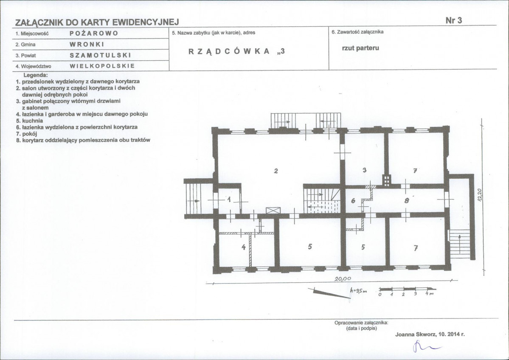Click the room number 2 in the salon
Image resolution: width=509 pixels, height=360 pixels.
coord(276,171)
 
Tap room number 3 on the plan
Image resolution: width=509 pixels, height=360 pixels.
coord(365,170)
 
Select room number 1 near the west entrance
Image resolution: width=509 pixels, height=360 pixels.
coord(229,199)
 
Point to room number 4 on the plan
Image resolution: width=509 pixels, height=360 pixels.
coord(244,247)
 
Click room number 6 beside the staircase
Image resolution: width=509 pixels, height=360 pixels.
coord(353,201)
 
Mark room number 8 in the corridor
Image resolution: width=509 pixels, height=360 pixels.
coord(406,201)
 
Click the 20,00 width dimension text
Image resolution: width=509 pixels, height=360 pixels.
coord(343,278)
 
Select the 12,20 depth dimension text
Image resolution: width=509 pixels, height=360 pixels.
coord(480,195)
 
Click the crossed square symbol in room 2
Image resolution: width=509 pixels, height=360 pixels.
coord(271,210)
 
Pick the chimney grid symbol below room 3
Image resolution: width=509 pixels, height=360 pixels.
coord(386,180)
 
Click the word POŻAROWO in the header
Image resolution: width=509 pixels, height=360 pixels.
coord(94,34)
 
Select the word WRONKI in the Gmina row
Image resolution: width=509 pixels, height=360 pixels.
coord(87,45)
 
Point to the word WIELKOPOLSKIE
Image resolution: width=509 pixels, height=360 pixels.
coord(102,66)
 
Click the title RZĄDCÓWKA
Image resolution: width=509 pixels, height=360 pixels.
coord(229,51)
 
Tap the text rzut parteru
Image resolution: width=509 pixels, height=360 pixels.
coord(360,48)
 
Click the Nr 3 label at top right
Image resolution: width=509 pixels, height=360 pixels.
coord(453,20)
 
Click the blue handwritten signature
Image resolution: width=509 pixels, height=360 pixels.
coord(426,347)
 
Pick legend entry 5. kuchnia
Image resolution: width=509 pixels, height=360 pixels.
coord(30,121)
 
